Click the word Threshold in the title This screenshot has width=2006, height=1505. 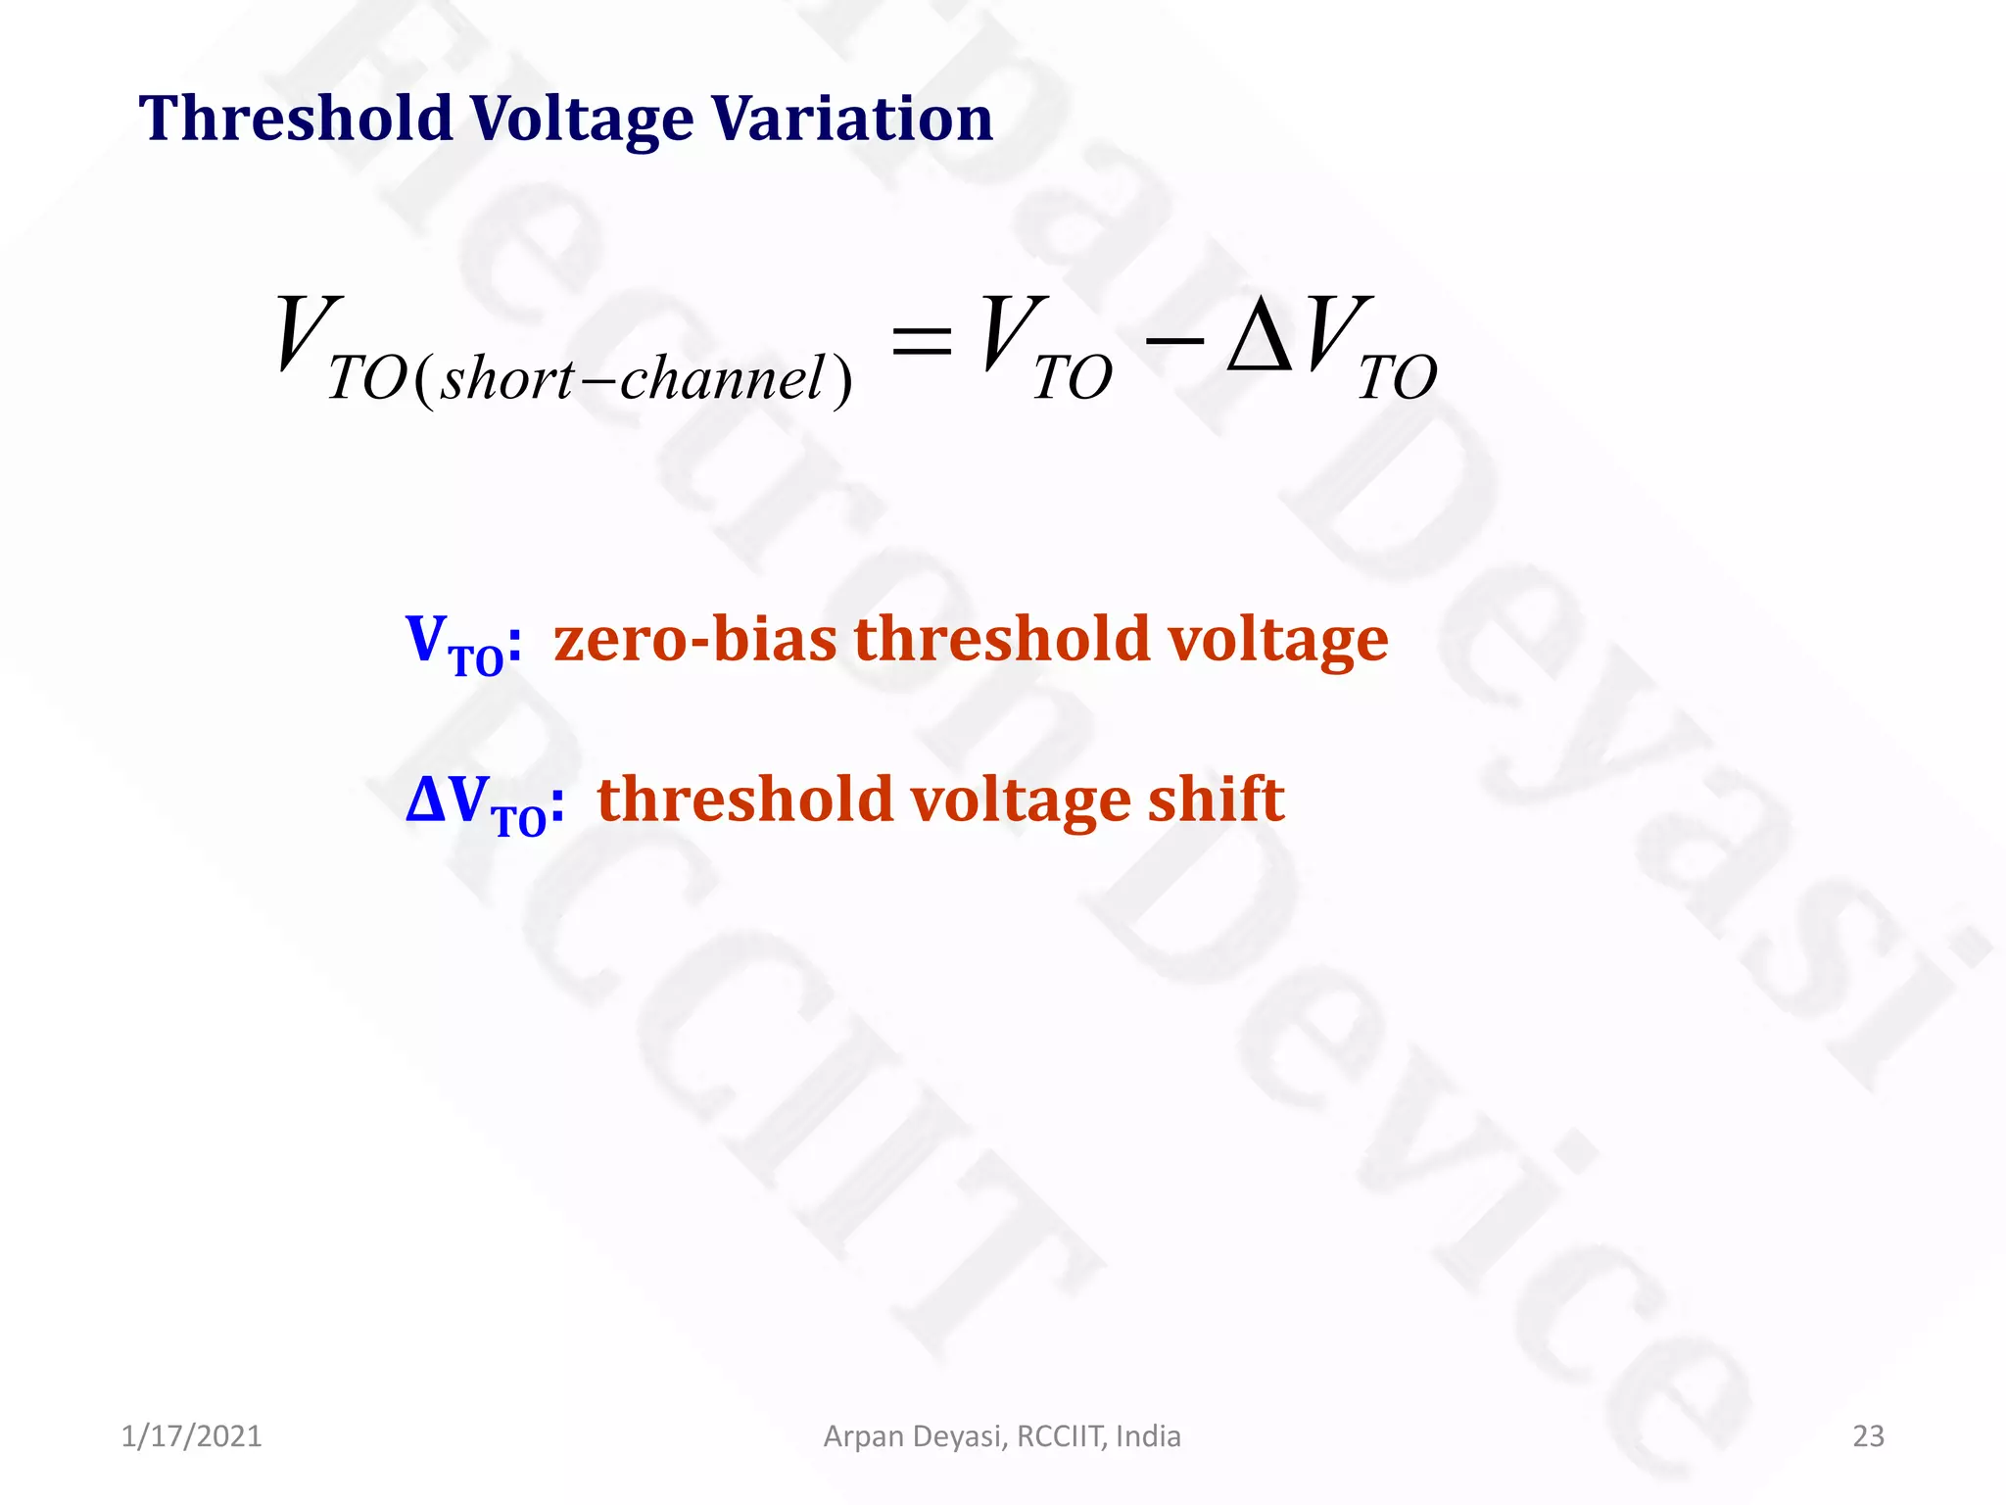[295, 119]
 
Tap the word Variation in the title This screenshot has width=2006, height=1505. [851, 119]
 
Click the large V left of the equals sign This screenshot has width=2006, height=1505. [308, 335]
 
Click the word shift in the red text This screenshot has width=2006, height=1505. [1216, 799]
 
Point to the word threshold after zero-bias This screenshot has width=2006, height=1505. [1001, 640]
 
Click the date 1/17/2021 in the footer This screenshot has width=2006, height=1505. [191, 1436]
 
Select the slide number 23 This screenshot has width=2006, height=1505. [1868, 1436]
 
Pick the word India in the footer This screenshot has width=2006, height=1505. [1148, 1436]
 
